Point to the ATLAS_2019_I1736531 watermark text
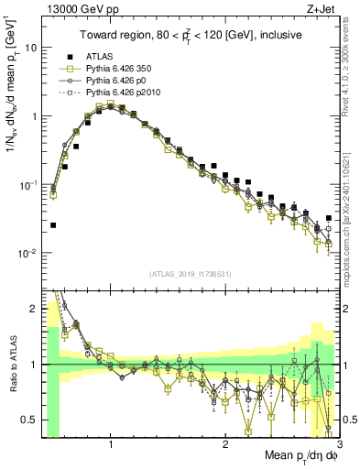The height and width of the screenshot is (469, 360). [190, 274]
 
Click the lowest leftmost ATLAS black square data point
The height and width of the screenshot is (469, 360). [53, 224]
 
